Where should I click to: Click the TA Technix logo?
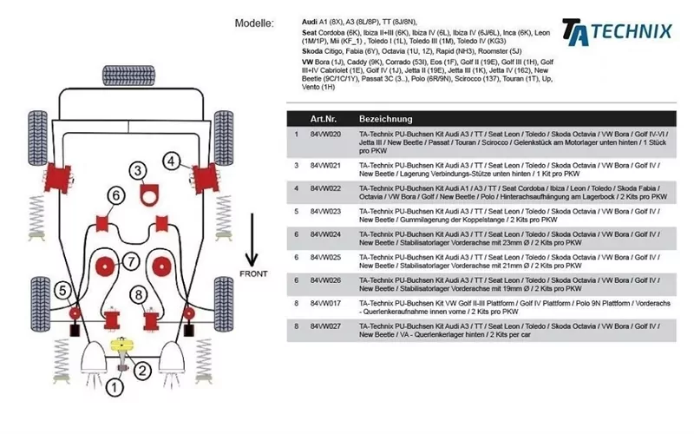(617, 31)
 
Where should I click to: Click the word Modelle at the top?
(255, 23)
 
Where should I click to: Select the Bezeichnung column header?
(386, 118)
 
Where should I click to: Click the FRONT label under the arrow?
(253, 273)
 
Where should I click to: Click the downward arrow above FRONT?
(252, 239)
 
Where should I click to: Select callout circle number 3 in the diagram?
(139, 170)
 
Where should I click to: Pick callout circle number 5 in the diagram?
(63, 291)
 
